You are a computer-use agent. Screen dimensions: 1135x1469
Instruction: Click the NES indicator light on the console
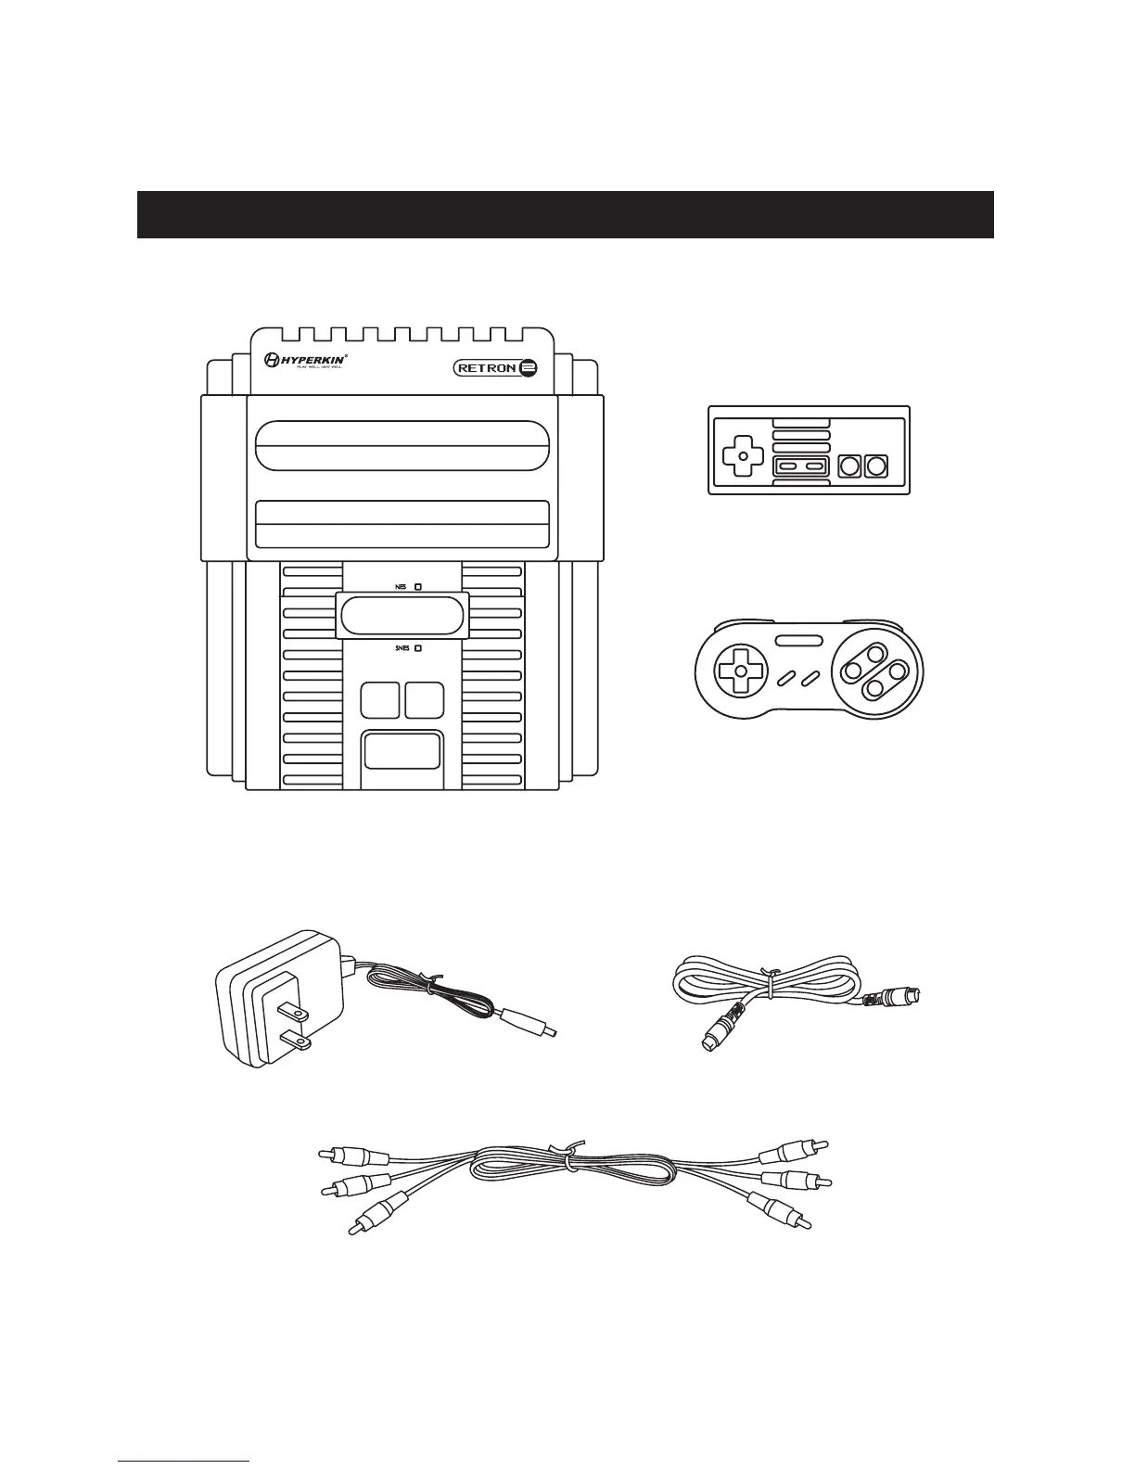[419, 587]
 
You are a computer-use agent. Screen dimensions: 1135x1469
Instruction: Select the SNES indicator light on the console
[419, 648]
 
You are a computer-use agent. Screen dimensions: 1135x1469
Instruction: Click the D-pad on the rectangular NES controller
[739, 456]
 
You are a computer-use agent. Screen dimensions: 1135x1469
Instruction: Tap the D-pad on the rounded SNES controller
[739, 670]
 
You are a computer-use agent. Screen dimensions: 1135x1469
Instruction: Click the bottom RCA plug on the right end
[784, 1209]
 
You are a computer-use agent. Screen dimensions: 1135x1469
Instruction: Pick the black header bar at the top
[566, 214]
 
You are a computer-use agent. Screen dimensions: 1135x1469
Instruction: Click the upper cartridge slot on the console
[402, 445]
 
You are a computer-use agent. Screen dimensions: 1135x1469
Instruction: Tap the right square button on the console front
[424, 699]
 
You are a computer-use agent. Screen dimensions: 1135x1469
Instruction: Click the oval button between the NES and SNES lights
[402, 616]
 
